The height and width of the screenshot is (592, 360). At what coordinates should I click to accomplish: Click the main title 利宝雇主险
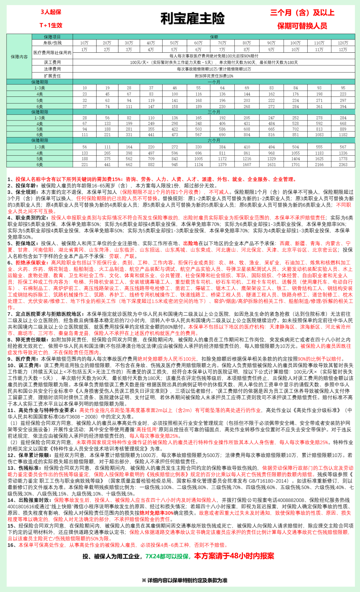(x=192, y=19)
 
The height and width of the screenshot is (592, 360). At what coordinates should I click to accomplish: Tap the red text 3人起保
(x=51, y=12)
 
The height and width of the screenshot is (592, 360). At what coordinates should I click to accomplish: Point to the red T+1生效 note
(x=51, y=25)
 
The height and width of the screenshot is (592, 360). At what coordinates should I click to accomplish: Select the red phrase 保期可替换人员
(x=302, y=26)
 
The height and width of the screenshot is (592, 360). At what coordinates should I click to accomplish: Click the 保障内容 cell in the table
(x=19, y=57)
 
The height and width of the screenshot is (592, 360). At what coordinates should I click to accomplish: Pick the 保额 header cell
(x=214, y=37)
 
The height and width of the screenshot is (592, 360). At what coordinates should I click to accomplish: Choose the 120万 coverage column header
(x=343, y=43)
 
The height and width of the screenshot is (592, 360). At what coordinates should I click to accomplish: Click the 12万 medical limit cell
(x=343, y=50)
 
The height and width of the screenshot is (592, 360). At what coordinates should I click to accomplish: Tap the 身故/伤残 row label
(x=52, y=43)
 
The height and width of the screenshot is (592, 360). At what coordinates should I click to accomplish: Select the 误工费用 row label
(x=52, y=62)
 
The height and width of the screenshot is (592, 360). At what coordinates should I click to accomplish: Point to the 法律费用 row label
(x=52, y=69)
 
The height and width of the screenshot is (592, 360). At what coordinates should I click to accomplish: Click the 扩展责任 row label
(x=52, y=76)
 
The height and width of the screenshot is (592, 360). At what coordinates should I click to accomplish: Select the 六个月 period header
(x=214, y=141)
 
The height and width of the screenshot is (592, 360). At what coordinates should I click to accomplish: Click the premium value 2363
(x=343, y=165)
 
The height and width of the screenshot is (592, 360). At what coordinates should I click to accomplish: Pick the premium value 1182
(x=343, y=135)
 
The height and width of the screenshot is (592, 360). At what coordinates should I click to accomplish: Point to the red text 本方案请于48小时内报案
(x=234, y=556)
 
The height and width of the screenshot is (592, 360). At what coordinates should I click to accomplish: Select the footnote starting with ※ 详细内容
(x=184, y=580)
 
